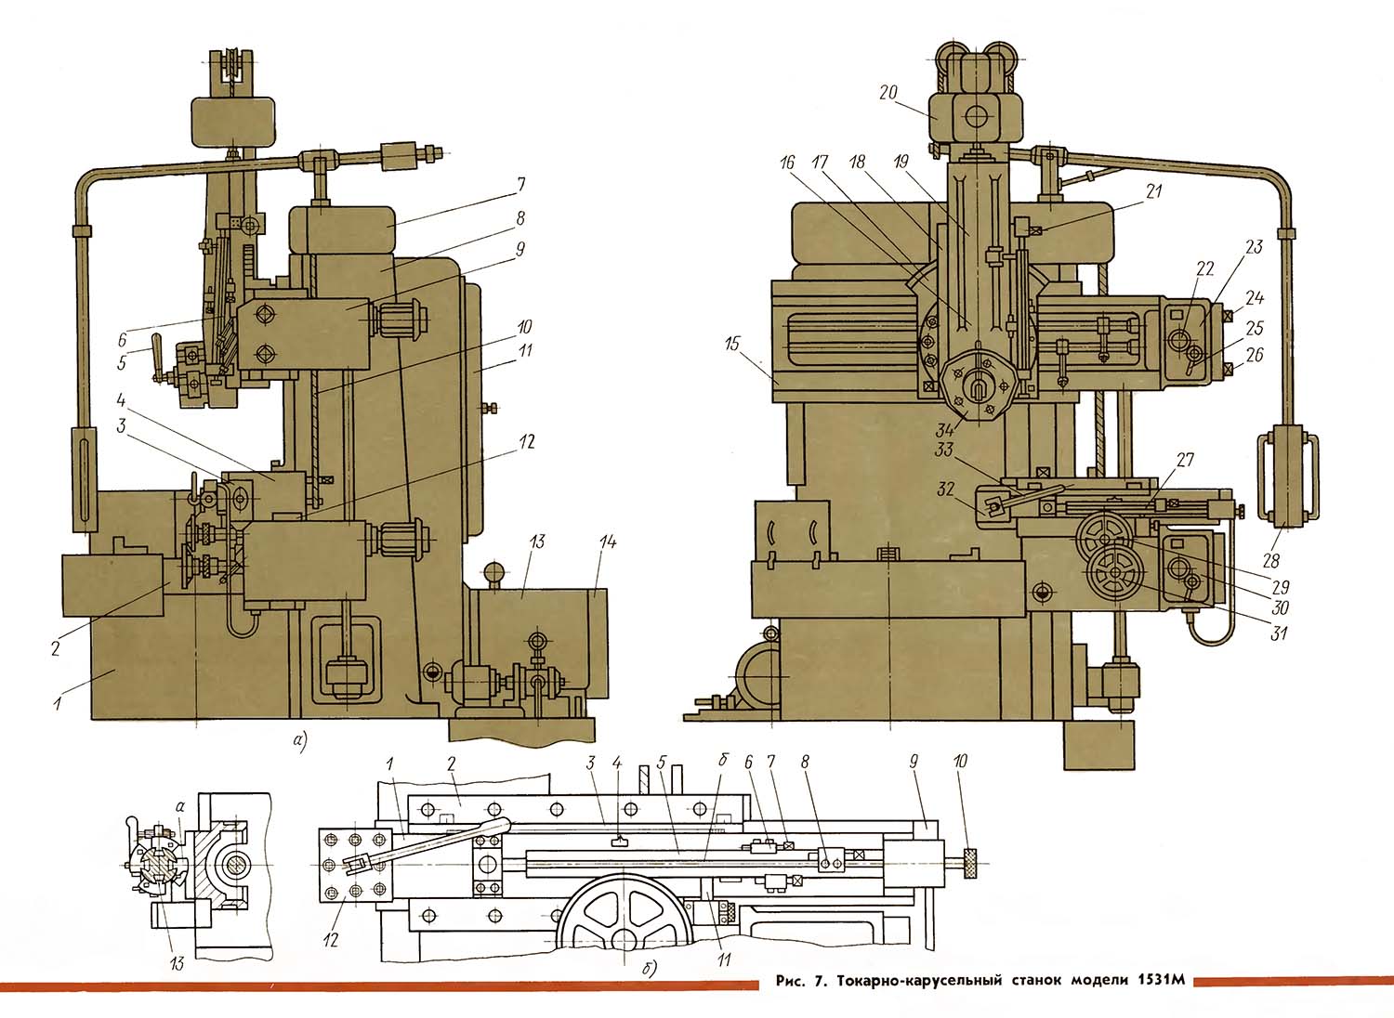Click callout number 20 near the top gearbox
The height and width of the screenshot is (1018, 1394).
coord(888,92)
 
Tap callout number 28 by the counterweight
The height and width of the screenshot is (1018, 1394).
coord(1271,560)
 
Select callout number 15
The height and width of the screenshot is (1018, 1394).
coord(732,345)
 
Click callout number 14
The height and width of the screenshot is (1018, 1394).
coord(608,542)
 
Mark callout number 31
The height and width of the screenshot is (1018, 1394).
coord(1280,634)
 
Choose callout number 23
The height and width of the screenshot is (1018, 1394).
coord(1255,247)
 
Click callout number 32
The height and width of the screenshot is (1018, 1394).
coord(946,489)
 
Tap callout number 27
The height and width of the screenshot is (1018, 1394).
coord(1185,461)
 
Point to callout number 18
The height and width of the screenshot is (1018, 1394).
coord(857,162)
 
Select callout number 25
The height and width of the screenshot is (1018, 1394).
coord(1255,329)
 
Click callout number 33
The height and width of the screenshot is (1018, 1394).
coord(944,451)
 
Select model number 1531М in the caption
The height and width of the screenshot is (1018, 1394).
coord(1161,981)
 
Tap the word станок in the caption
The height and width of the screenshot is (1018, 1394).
coord(1030,981)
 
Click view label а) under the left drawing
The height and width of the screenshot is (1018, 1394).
coord(299,740)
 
